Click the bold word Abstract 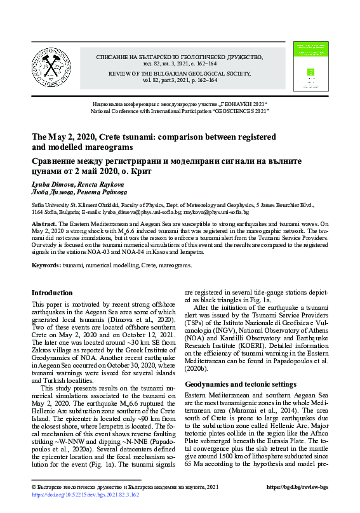coord(44,225)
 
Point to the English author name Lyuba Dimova coord(50,184)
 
